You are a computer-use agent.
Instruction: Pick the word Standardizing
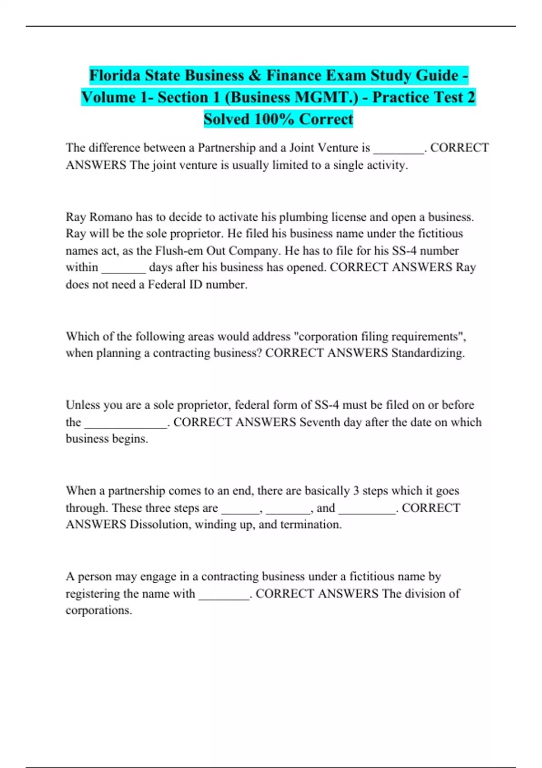tap(428, 353)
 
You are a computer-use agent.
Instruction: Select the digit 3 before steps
tap(356, 491)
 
